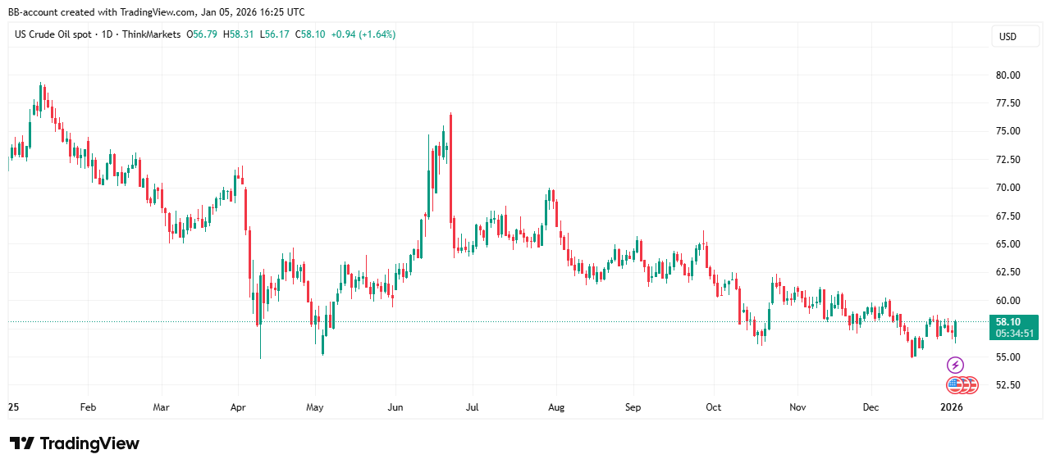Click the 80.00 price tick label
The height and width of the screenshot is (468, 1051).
click(1008, 75)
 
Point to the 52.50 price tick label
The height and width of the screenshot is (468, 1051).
click(1008, 385)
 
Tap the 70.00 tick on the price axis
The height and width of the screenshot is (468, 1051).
click(1008, 188)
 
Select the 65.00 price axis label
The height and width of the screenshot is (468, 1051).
click(1008, 244)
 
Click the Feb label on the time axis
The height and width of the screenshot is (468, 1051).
click(88, 407)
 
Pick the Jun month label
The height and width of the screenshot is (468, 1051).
click(395, 407)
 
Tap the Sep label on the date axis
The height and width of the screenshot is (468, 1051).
click(633, 407)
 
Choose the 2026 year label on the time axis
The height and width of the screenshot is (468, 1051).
click(952, 407)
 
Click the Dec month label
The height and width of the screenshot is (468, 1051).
click(871, 407)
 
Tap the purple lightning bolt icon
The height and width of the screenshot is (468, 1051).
click(955, 365)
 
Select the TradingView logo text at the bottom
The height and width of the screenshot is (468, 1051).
click(75, 443)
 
